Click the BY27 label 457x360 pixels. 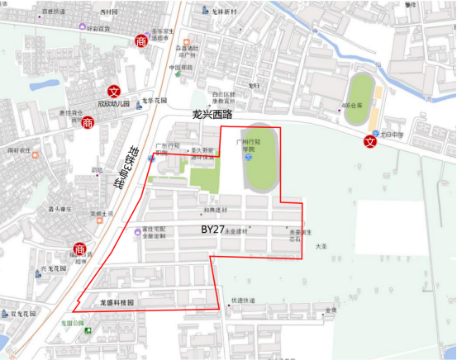(x=214, y=227)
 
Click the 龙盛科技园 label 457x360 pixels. (x=117, y=303)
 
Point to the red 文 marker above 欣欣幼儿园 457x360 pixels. (x=115, y=92)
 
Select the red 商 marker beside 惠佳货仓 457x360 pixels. (x=88, y=122)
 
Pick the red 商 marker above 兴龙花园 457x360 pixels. (x=79, y=249)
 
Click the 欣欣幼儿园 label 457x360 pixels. (x=114, y=104)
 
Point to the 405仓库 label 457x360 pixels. (x=352, y=106)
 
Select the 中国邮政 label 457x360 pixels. (x=181, y=67)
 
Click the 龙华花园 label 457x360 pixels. (x=154, y=101)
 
